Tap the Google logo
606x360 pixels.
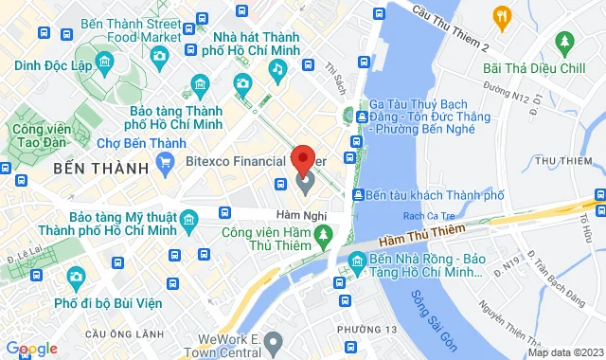coord(30,349)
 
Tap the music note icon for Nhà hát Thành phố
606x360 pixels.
coord(277,69)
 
